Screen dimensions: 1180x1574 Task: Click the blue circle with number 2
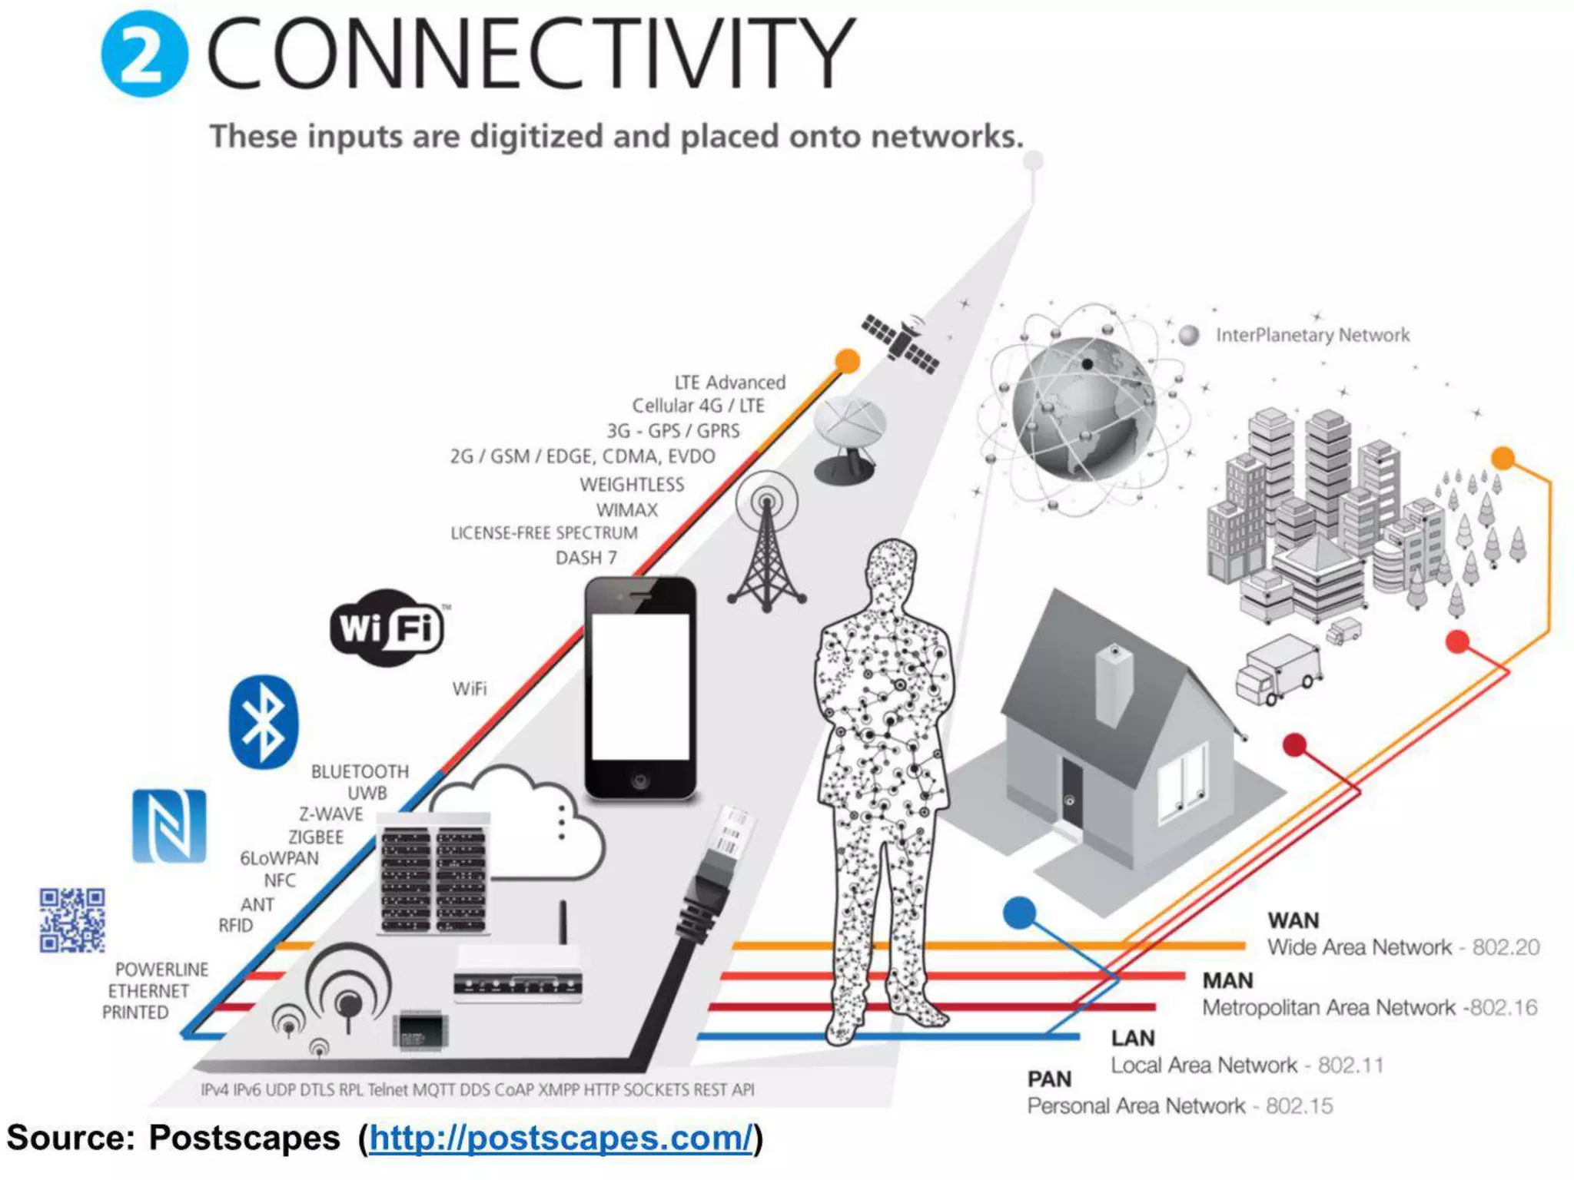(x=144, y=54)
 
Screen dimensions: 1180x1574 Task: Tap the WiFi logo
(x=388, y=628)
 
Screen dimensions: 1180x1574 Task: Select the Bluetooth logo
(x=263, y=722)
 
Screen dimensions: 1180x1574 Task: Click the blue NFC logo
(x=169, y=826)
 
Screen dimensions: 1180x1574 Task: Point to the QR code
(x=72, y=920)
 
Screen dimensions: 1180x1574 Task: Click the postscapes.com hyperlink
(x=560, y=1138)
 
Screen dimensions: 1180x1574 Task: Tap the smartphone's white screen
(x=640, y=686)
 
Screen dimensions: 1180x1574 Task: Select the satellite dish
(x=848, y=438)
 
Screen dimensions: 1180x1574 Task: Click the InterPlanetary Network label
(x=1312, y=335)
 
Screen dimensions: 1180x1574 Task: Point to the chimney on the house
(x=1114, y=684)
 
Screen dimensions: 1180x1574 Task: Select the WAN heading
(x=1293, y=920)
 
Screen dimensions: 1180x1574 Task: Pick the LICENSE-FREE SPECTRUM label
(x=544, y=532)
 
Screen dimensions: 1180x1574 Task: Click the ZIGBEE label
(x=316, y=837)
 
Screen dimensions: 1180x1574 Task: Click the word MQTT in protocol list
(x=434, y=1089)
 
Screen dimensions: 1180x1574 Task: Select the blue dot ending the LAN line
(x=1020, y=913)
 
